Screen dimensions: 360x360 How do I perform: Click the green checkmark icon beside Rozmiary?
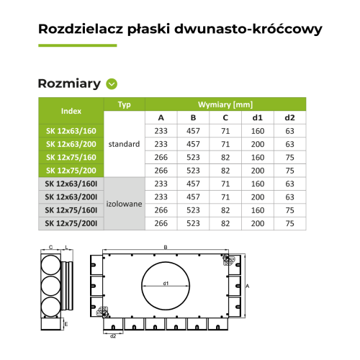point(111,84)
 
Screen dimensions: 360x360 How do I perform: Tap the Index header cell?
point(71,112)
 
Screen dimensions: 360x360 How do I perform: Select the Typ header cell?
point(125,104)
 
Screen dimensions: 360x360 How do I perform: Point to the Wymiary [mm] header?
point(225,104)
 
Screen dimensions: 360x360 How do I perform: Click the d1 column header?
point(257,118)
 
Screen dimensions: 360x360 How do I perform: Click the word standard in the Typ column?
point(125,144)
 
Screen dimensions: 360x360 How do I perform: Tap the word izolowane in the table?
point(125,204)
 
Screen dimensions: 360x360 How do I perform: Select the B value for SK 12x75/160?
point(193,157)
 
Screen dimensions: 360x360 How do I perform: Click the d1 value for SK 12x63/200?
point(257,144)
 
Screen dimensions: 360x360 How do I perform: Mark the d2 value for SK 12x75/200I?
point(289,224)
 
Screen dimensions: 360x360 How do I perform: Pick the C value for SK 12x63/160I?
point(225,184)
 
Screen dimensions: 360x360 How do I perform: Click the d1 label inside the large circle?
point(166,284)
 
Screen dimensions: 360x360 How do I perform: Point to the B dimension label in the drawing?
point(166,248)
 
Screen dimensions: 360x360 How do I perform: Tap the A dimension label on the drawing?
point(248,286)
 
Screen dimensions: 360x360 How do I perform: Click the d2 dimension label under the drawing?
point(113,336)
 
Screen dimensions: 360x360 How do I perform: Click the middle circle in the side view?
point(50,286)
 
